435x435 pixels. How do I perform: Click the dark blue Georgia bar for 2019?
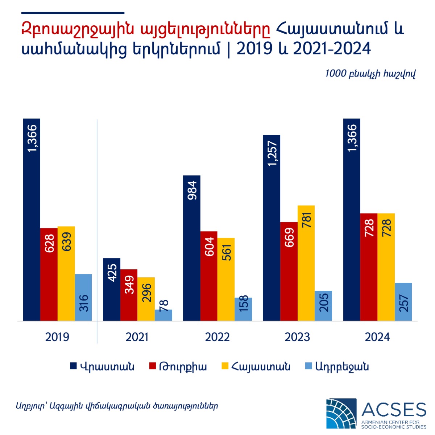point(32,219)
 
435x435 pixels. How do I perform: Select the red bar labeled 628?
point(49,274)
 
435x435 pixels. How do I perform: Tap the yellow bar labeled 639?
point(66,274)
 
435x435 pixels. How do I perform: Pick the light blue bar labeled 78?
point(163,315)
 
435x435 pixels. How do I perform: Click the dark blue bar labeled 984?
point(191,248)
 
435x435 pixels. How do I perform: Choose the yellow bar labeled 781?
point(306,263)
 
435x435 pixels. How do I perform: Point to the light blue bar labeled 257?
point(403,302)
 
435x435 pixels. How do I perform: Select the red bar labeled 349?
point(129,295)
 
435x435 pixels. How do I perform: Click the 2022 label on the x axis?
point(217,337)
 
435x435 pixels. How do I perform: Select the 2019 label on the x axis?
point(57,337)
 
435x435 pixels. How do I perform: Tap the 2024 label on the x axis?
point(377,337)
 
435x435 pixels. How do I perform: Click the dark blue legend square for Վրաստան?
point(74,366)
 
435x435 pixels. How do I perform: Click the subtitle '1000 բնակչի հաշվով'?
point(370,74)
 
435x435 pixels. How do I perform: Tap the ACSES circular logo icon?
point(341,414)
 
